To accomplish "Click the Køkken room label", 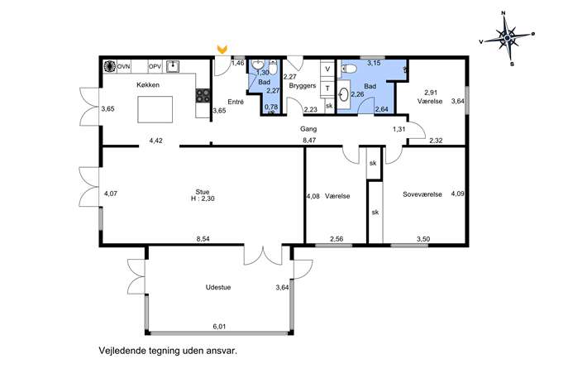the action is coord(148,85).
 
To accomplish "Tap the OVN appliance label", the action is coord(123,67).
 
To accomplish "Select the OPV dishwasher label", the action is coord(155,67).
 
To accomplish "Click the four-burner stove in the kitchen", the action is coord(203,96).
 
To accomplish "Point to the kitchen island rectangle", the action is coord(155,109).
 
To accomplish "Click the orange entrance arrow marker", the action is coord(222,49).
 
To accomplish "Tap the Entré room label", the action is coord(236,102).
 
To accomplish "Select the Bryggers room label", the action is coord(303,86).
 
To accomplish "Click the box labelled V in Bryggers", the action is coord(328,69).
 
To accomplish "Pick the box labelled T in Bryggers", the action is coord(328,88).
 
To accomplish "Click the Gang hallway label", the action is coord(308,129).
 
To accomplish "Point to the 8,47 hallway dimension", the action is coord(309,141).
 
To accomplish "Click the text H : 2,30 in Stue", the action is coord(203,199).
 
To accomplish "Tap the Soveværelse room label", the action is coord(422,194).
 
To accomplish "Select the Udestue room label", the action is coord(218,287).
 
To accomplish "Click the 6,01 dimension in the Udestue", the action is coord(219,326).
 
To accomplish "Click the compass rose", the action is coord(507,37).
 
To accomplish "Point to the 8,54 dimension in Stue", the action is coord(203,239).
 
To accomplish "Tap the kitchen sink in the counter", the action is coord(173,66).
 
